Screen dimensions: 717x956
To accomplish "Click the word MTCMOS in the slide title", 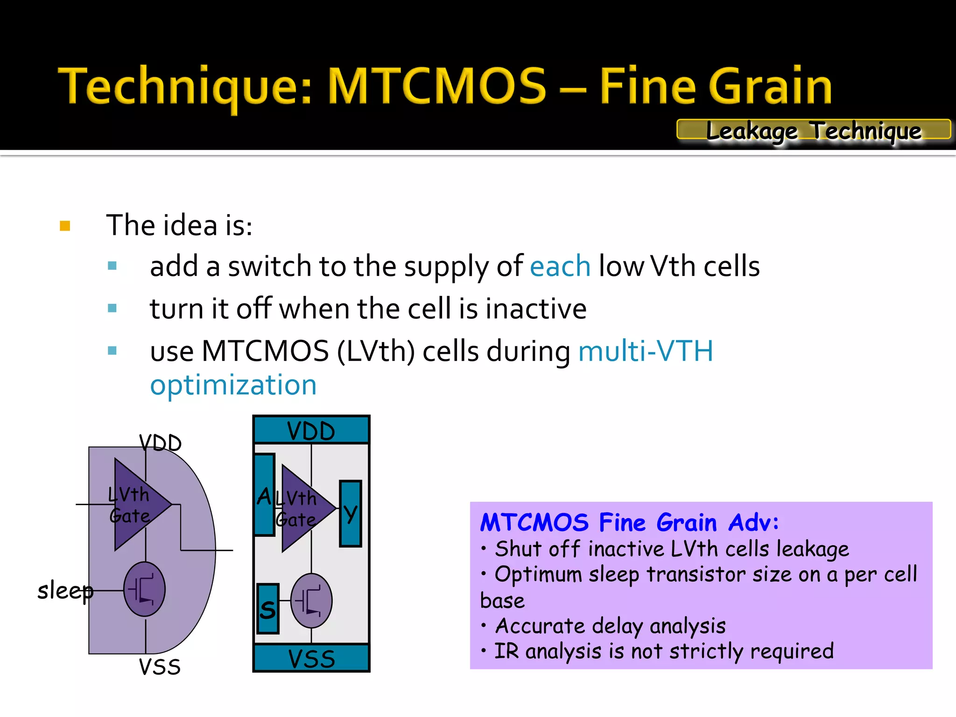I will [x=437, y=86].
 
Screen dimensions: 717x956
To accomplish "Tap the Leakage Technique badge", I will [x=813, y=130].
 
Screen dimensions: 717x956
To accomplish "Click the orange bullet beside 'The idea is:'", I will [x=65, y=226].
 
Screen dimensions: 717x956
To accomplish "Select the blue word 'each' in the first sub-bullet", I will [x=560, y=267].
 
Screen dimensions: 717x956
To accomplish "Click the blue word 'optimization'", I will [x=233, y=386].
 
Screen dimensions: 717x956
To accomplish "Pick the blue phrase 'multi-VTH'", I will [x=645, y=351].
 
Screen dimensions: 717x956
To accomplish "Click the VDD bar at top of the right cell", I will [x=311, y=430].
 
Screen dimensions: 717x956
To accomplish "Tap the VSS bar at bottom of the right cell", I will [x=311, y=658].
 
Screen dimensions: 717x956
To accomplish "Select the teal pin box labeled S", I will [x=267, y=609].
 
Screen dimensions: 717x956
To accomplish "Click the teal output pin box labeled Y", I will [x=350, y=513].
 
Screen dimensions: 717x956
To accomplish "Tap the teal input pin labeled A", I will [x=264, y=495].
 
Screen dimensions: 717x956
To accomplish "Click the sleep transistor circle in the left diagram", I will [x=144, y=589].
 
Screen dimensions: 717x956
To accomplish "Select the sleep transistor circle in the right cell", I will [x=311, y=601].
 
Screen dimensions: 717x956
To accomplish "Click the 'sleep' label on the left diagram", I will [x=65, y=591].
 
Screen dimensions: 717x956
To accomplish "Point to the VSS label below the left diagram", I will [x=160, y=667].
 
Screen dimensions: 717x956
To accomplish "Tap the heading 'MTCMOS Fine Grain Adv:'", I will [x=629, y=522].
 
